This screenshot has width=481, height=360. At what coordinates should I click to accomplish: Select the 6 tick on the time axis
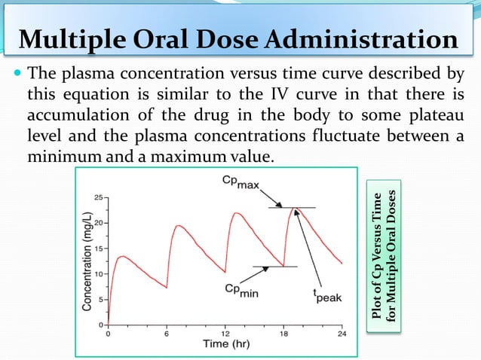tap(167, 332)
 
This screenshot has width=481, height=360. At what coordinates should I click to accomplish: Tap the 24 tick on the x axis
tap(343, 332)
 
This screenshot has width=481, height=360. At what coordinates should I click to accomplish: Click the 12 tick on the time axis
tap(225, 332)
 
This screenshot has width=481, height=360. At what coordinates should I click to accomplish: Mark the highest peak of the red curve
tap(296, 208)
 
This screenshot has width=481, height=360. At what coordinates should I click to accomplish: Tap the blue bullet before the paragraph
tap(16, 75)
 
